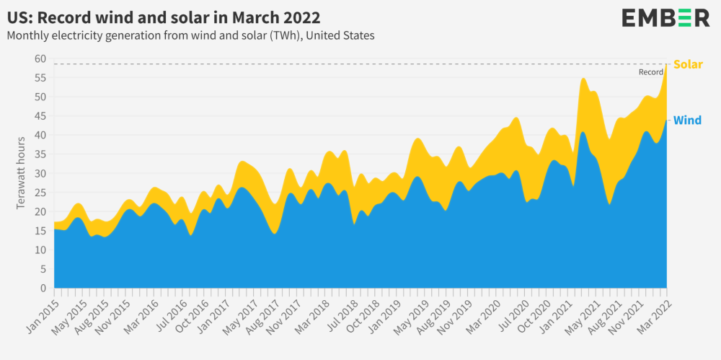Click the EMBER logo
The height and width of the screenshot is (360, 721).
pos(665,18)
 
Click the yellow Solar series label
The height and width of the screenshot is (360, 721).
pos(687,64)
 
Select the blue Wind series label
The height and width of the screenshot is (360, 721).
pos(687,120)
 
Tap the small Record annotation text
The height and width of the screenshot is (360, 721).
pos(650,72)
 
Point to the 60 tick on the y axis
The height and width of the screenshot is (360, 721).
pos(40,58)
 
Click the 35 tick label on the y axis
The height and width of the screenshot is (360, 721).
pos(40,154)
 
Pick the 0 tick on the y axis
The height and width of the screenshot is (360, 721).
pos(43,289)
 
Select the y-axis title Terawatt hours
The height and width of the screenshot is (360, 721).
pos(21,173)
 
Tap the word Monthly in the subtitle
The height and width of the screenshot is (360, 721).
pos(30,35)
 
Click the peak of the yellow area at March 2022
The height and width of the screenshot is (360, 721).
pos(667,65)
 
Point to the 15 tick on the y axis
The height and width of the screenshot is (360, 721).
pos(40,231)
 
